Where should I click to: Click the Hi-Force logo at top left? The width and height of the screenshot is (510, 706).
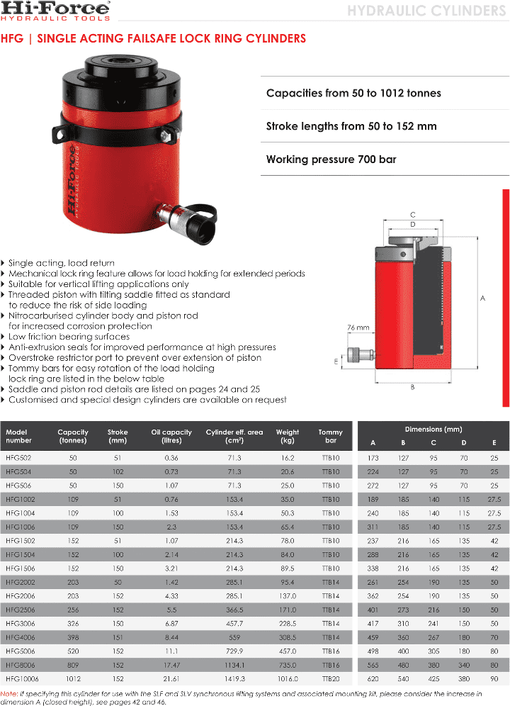coord(56,12)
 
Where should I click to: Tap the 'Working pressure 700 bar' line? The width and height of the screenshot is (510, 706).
coord(331,159)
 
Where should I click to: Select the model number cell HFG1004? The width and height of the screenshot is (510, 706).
coord(21,512)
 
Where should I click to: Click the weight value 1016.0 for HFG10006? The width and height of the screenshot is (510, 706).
coord(287,678)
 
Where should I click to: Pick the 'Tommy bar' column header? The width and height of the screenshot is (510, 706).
coord(330,436)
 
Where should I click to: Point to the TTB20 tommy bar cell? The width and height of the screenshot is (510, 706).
coord(330,678)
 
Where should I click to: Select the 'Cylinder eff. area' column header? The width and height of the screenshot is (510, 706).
coord(234,436)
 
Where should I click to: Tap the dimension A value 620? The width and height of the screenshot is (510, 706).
coord(373,678)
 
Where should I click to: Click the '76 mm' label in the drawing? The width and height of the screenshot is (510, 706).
coord(358,328)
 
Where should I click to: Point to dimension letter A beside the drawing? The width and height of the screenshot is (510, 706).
coord(483,298)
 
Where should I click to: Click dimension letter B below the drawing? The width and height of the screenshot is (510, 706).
coord(412,387)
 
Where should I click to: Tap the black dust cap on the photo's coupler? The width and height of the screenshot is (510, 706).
coord(205,216)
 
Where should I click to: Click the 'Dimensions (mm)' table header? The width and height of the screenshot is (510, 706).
coord(433,430)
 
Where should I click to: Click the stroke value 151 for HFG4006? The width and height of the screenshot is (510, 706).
coord(118,637)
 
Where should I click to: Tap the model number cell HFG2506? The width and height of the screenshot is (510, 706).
coord(21,610)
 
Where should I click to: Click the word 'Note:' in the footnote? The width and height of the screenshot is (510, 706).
coord(9,693)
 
